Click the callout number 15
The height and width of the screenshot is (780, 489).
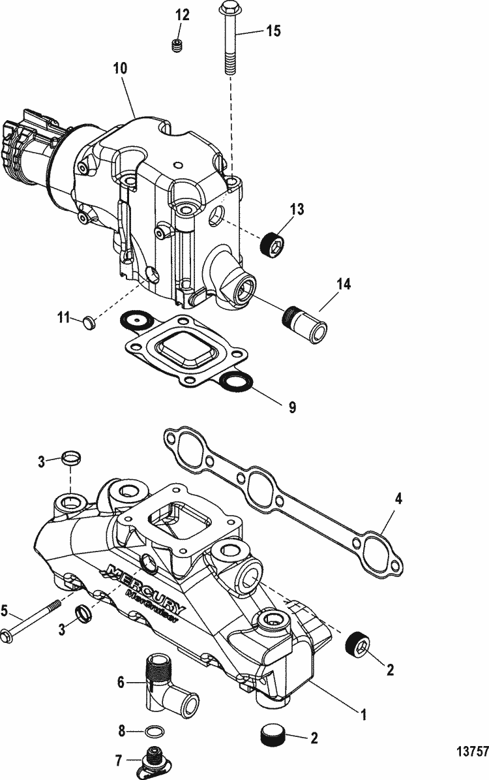[x=273, y=31]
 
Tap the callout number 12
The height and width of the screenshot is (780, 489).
[x=183, y=15]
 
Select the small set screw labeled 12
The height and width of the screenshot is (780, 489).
[x=177, y=46]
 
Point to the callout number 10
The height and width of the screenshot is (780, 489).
[x=120, y=68]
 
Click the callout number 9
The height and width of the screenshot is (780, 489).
[x=292, y=407]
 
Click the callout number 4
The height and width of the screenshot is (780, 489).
[x=398, y=499]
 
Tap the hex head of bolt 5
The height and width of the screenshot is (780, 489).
[x=7, y=637]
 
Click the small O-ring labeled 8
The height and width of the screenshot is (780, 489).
[x=154, y=732]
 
